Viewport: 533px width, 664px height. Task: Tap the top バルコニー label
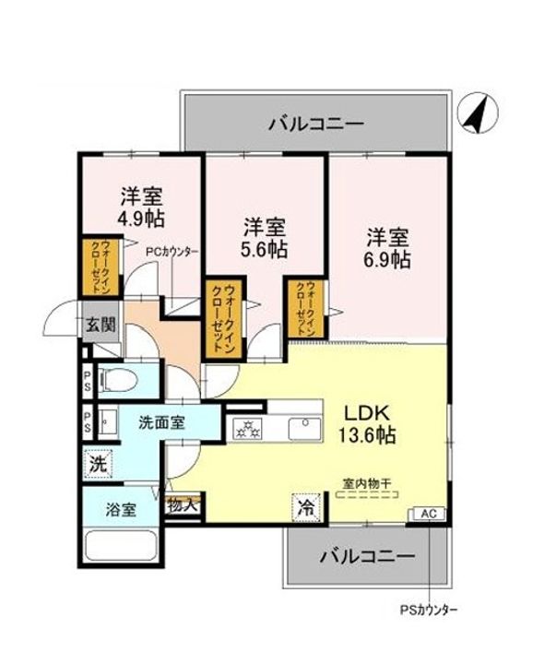(316, 123)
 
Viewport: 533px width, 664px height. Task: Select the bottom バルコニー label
(366, 556)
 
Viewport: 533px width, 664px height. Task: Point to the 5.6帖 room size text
(264, 249)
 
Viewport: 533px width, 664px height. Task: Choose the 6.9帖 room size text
(387, 259)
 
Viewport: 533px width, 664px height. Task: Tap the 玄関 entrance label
(101, 325)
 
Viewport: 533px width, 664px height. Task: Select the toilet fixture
(118, 379)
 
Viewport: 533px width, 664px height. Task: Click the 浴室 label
(121, 509)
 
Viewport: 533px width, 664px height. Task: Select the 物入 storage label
(182, 504)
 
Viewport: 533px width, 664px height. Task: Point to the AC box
(429, 513)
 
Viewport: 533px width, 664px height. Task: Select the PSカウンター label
(428, 610)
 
